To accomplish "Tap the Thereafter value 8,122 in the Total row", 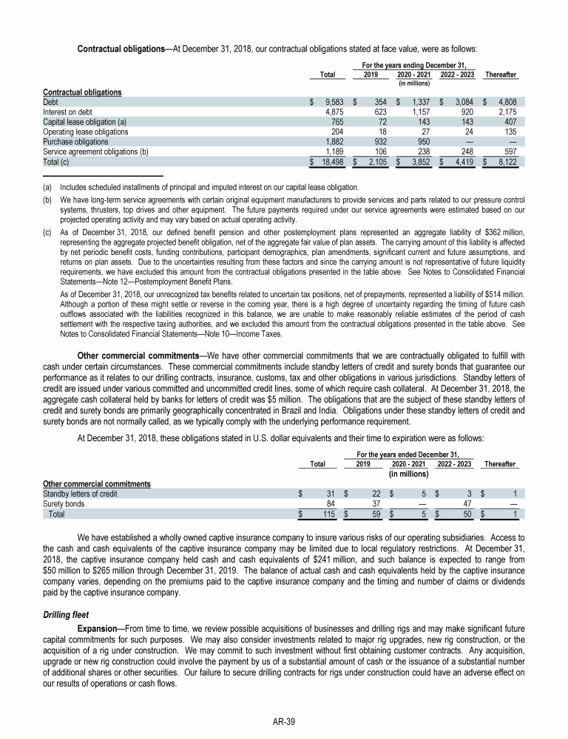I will click(505, 160).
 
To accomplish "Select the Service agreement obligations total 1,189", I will click(331, 150).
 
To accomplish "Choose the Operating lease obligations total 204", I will click(334, 130).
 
